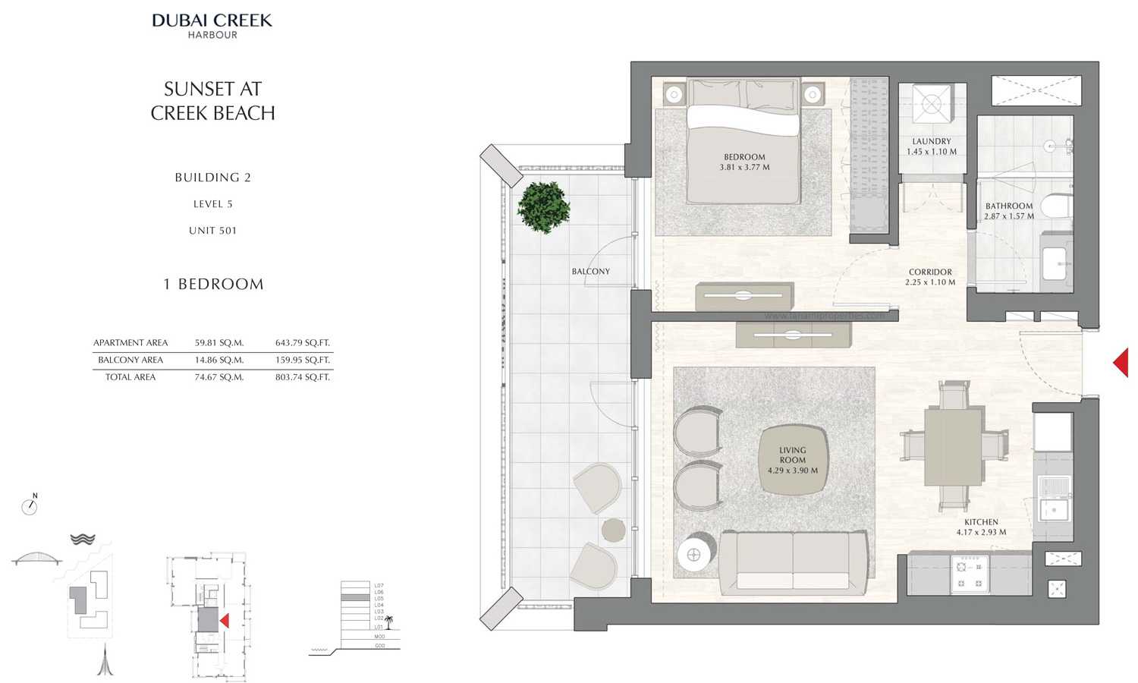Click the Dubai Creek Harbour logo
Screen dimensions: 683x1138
pos(212,24)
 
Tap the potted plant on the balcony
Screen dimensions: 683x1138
pos(543,206)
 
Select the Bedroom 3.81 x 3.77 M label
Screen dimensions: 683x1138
pos(744,162)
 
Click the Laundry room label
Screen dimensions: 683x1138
pos(932,146)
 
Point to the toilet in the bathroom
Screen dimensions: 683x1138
pos(1055,206)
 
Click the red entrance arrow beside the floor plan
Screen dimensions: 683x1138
pos(1121,362)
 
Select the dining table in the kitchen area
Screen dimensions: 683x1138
pos(953,447)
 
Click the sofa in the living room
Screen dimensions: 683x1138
pos(793,562)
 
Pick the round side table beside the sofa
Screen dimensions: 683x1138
pos(693,554)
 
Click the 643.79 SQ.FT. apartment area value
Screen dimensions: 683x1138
pos(302,343)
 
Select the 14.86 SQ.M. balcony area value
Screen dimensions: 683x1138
pos(218,360)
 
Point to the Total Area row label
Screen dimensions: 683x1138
pos(130,377)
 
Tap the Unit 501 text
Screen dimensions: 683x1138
pos(212,231)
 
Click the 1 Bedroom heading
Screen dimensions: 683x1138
pos(213,285)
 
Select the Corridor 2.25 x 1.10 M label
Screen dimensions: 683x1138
pos(930,277)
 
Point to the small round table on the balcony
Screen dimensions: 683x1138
pos(613,530)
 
